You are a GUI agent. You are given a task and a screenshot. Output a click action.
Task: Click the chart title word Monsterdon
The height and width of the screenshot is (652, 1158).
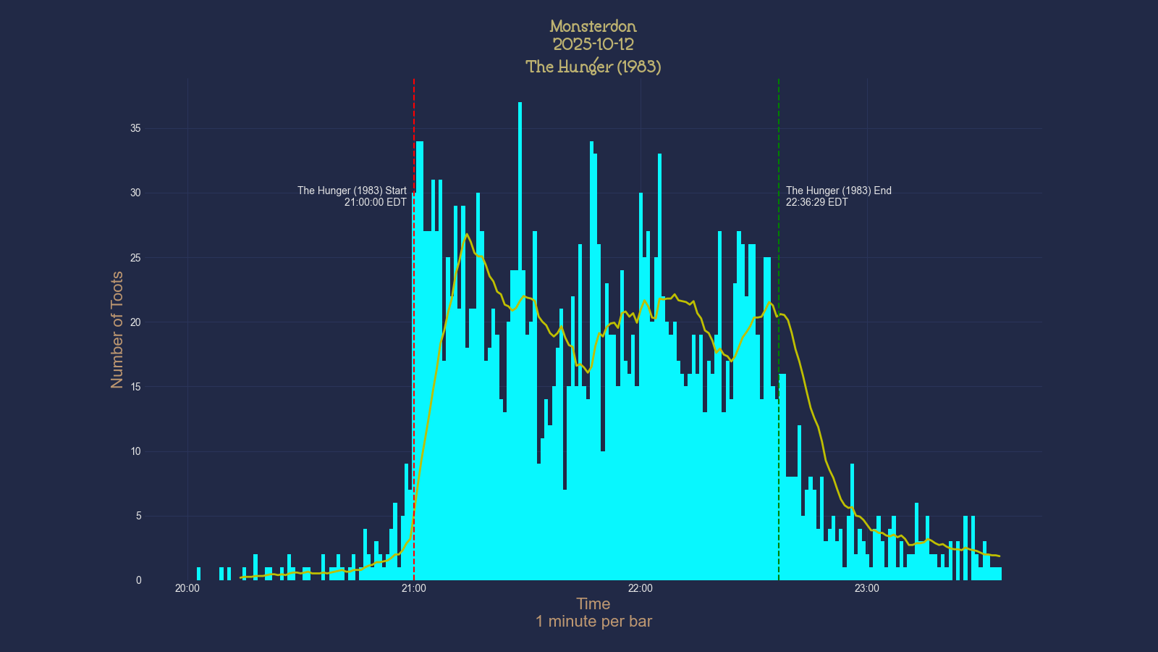coord(593,27)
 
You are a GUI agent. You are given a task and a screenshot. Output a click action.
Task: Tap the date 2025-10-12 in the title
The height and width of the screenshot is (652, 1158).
coord(593,44)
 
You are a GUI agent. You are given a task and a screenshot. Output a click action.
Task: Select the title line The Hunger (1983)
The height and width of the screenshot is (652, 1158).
coord(593,67)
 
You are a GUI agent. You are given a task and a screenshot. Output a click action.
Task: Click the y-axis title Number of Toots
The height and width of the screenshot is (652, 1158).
coord(117,330)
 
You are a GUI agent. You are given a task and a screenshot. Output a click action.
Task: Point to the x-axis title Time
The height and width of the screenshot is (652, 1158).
coord(593,604)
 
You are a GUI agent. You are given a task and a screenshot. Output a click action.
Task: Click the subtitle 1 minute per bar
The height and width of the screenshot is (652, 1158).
coord(593,622)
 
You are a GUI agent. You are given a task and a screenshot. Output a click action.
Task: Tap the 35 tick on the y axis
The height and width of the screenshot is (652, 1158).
coord(135,128)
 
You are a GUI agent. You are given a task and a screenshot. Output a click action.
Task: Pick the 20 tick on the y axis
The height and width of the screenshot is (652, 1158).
coord(135,322)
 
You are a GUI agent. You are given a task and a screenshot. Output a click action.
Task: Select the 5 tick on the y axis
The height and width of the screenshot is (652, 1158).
coord(138,516)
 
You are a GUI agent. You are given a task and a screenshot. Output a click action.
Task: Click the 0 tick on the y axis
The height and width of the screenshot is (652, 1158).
coord(138,580)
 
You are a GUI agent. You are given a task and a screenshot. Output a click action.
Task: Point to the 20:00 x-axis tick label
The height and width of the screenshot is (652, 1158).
coord(187,588)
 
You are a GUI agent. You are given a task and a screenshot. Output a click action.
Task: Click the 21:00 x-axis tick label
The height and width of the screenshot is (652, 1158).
coord(413,588)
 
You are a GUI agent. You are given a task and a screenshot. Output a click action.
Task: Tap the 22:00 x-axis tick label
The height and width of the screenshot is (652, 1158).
coord(640,588)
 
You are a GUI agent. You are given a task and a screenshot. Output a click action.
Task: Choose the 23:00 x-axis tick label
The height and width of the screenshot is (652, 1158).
coord(866,588)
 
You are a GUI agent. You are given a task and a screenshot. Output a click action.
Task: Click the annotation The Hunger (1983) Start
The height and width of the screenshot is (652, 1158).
coord(352,191)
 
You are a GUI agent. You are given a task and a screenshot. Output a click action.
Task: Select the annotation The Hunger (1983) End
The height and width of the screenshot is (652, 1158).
coord(838,191)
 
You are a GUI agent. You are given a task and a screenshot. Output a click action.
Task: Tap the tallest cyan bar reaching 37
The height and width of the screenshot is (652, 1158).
coord(520,217)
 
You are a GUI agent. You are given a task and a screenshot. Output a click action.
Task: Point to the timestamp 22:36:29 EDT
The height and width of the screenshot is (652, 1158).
coord(816,202)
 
